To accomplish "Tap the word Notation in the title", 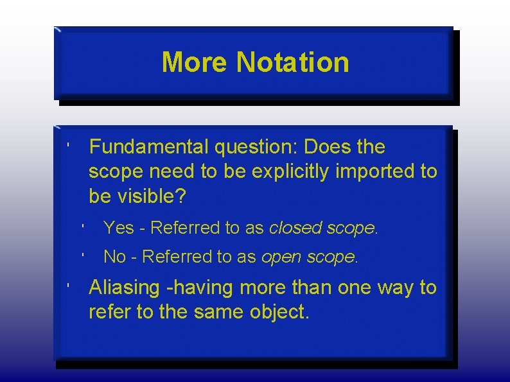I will coord(293,63).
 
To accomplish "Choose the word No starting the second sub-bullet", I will coord(114,257).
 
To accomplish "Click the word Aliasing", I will coord(124,288).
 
